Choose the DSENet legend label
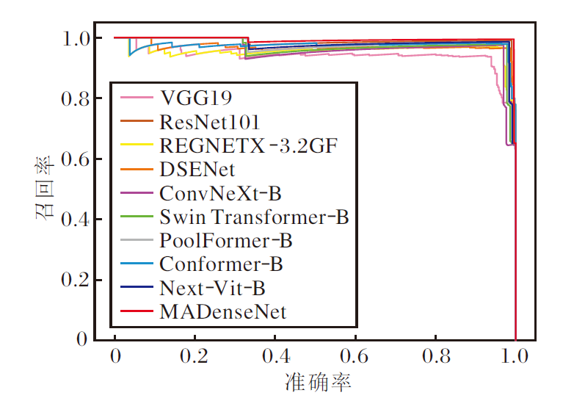[x=197, y=169]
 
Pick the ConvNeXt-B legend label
[x=220, y=193]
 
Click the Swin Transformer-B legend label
[x=253, y=217]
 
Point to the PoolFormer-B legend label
[x=225, y=240]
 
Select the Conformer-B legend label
[x=221, y=264]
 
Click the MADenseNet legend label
[x=222, y=311]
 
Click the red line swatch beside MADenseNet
[x=135, y=311]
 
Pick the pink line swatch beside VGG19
[x=135, y=97]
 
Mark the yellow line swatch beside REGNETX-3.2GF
[x=135, y=145]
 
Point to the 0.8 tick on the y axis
[x=78, y=98]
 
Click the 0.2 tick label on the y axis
[x=78, y=280]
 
